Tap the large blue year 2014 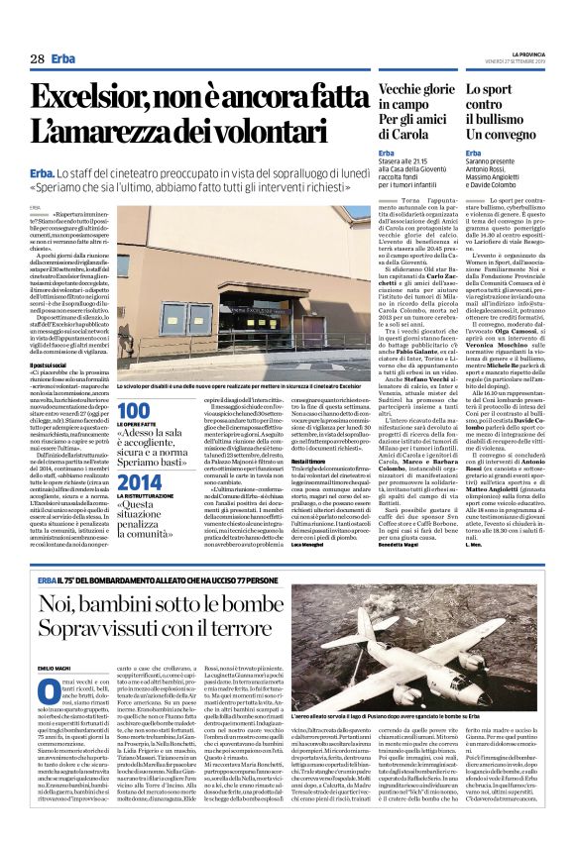138,482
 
